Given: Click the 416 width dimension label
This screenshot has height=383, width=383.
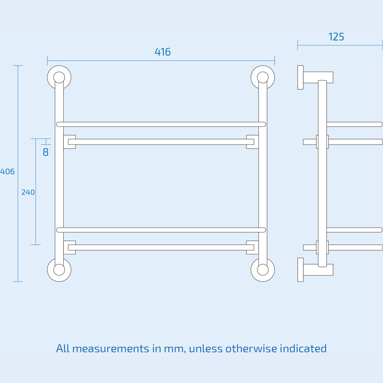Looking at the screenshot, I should click(x=162, y=52).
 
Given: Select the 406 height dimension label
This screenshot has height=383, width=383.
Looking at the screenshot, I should click(x=7, y=172).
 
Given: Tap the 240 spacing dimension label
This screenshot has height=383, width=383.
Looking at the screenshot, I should click(x=28, y=192).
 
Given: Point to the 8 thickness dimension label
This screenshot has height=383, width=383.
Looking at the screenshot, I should click(x=46, y=152).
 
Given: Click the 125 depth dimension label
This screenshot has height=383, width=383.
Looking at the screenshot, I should click(x=336, y=37).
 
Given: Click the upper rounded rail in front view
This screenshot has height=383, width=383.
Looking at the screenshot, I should click(x=161, y=124).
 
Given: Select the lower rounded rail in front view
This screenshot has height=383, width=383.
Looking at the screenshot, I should click(x=161, y=230).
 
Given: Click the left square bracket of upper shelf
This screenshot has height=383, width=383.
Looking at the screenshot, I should click(x=69, y=142).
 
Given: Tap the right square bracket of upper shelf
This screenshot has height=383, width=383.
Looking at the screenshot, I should click(x=252, y=142).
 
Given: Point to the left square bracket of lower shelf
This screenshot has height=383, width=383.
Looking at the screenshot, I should click(x=69, y=247).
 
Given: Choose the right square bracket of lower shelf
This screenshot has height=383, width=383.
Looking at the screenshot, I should click(x=252, y=247).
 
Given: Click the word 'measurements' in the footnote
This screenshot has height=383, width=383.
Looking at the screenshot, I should click(x=111, y=349).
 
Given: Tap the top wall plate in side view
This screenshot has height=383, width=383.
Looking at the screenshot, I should click(x=300, y=77).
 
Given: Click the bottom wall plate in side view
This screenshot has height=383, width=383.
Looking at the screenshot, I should click(x=300, y=270).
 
